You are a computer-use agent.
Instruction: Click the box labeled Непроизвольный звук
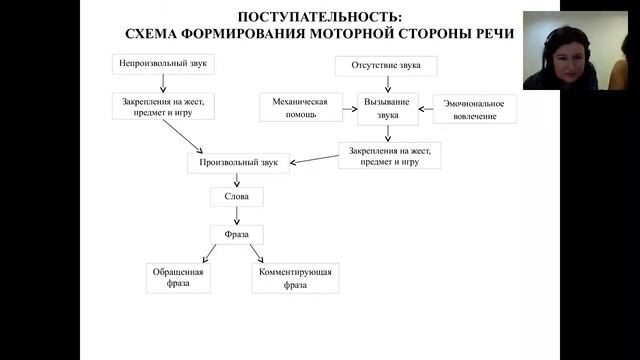click(x=163, y=64)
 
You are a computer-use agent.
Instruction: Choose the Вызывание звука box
click(x=387, y=108)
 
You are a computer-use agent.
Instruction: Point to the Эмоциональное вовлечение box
click(x=474, y=109)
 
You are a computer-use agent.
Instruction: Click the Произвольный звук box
click(x=239, y=162)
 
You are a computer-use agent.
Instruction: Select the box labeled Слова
click(x=237, y=197)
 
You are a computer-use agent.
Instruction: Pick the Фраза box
click(x=237, y=235)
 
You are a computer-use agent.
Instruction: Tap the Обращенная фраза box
click(x=180, y=278)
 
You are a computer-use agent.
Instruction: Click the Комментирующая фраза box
click(x=295, y=278)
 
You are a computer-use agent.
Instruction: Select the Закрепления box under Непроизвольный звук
click(x=163, y=107)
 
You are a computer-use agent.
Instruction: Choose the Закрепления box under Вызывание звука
click(x=389, y=155)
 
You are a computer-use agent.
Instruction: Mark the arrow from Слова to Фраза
click(x=237, y=215)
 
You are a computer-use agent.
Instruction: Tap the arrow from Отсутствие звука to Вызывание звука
click(x=387, y=84)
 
